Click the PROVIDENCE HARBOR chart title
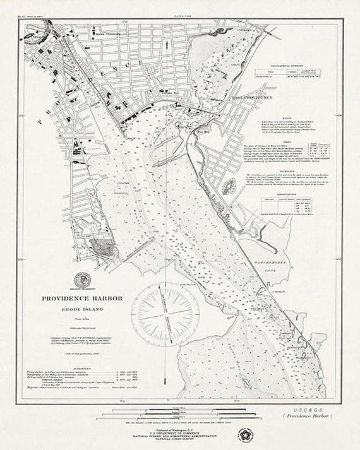pos(83,299)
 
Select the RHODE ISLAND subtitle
pos(83,309)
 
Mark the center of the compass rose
pos(167,314)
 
